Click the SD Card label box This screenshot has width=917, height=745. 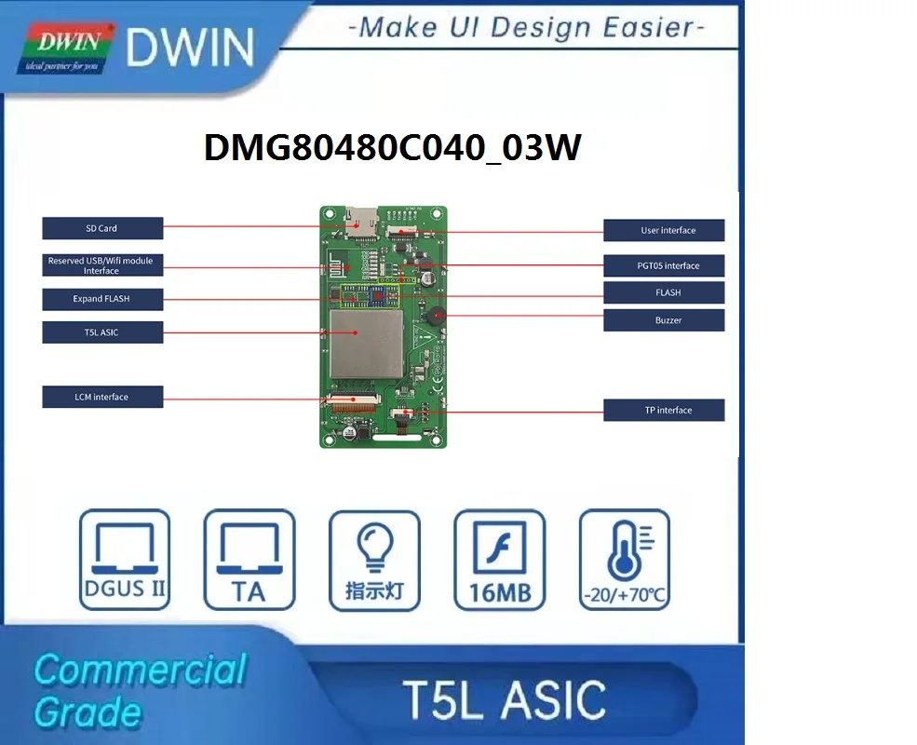click(x=102, y=228)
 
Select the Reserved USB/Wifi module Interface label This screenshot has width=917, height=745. click(x=102, y=265)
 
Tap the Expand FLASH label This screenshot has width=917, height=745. click(x=102, y=299)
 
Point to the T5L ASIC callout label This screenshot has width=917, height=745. click(x=102, y=332)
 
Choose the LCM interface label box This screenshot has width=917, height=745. click(x=102, y=397)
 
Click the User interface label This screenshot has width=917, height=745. click(x=664, y=230)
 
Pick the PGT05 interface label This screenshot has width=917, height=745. click(x=664, y=265)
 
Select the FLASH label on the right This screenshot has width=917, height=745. click(x=664, y=292)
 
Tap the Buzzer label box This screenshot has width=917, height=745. click(x=664, y=320)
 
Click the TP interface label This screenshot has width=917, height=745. click(x=664, y=410)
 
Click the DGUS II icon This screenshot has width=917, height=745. click(x=125, y=559)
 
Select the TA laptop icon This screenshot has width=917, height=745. click(x=249, y=559)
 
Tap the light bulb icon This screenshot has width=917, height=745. click(x=374, y=559)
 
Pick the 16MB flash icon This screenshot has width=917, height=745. click(x=499, y=559)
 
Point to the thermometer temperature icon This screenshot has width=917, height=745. click(x=624, y=559)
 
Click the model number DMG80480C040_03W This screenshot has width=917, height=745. click(x=392, y=148)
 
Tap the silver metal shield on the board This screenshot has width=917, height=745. click(x=357, y=332)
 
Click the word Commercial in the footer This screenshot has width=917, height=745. click(x=140, y=670)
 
